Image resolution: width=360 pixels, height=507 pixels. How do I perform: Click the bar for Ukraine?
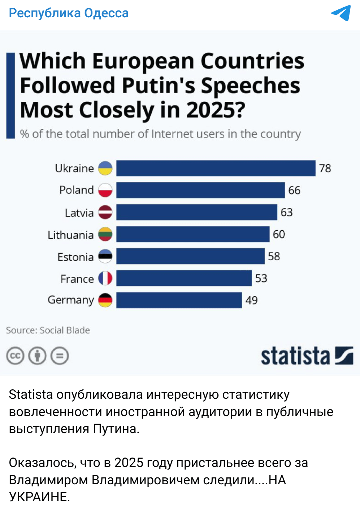click(x=216, y=168)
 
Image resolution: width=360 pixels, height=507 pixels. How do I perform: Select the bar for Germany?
click(x=179, y=300)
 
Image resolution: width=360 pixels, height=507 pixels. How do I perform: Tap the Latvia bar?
click(x=196, y=212)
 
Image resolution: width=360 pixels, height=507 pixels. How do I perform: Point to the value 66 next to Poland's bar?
click(x=294, y=190)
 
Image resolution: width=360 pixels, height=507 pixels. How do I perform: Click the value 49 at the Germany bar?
click(x=252, y=300)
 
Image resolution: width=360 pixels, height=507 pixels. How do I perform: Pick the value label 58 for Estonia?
click(x=274, y=256)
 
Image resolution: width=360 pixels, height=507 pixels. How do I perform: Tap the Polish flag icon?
click(x=105, y=190)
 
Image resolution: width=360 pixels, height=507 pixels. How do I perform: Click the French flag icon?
click(x=105, y=278)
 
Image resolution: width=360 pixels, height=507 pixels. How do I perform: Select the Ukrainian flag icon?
click(x=105, y=168)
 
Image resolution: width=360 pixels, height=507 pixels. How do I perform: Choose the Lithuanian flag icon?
click(x=105, y=234)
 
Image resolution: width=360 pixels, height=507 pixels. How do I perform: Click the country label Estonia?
click(x=75, y=257)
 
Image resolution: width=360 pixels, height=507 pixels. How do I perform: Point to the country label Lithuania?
click(x=70, y=235)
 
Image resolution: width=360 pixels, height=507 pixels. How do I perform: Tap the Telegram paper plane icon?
click(x=341, y=13)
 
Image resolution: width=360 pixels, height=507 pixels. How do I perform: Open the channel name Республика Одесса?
click(x=69, y=13)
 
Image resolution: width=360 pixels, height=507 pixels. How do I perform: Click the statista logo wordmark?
click(x=295, y=356)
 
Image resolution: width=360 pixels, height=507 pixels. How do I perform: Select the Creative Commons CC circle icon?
click(x=15, y=356)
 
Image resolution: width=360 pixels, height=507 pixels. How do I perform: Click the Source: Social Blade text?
click(x=48, y=330)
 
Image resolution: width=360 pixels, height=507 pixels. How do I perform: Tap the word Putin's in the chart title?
click(x=159, y=86)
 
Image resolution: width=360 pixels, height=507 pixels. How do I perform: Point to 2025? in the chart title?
click(x=216, y=110)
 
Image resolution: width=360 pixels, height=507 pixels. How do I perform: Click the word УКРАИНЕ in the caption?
click(x=39, y=497)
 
